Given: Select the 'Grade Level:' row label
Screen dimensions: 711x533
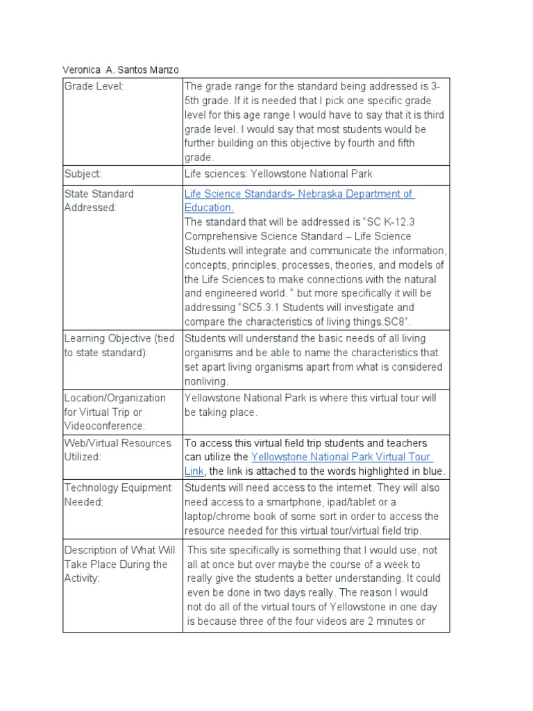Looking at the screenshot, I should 93,86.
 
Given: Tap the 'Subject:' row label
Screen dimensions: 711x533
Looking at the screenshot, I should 83,174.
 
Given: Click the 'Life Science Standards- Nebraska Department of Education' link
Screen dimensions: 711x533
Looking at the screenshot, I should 298,194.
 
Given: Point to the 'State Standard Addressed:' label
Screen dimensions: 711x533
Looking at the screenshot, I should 99,201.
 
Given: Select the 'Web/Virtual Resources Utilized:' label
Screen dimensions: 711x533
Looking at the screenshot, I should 117,450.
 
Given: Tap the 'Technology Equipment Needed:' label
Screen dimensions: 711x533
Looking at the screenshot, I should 117,494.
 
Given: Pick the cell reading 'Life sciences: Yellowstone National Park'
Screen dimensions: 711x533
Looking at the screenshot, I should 273,174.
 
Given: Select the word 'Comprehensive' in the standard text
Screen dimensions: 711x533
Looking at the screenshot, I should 219,237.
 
